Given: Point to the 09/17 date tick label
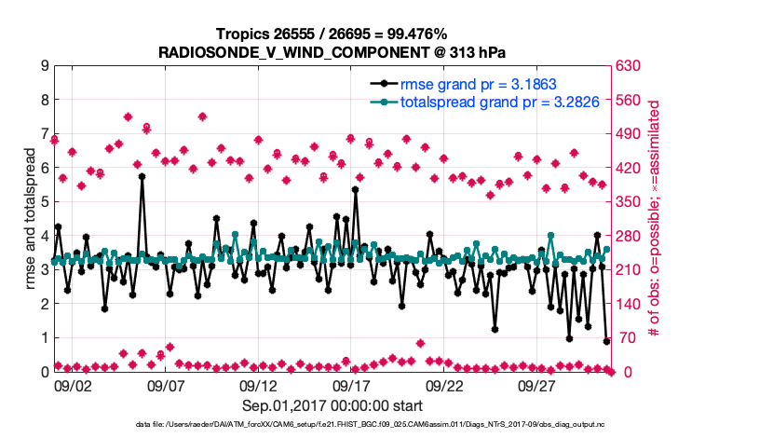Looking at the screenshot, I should [352, 385].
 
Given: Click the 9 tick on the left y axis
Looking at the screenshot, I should [43, 66].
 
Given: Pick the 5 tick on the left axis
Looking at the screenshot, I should [43, 202].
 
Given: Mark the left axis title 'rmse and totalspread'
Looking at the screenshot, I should [28, 219].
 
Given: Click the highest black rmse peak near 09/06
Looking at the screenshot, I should [142, 175].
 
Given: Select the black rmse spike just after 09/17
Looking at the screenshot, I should [356, 189].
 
